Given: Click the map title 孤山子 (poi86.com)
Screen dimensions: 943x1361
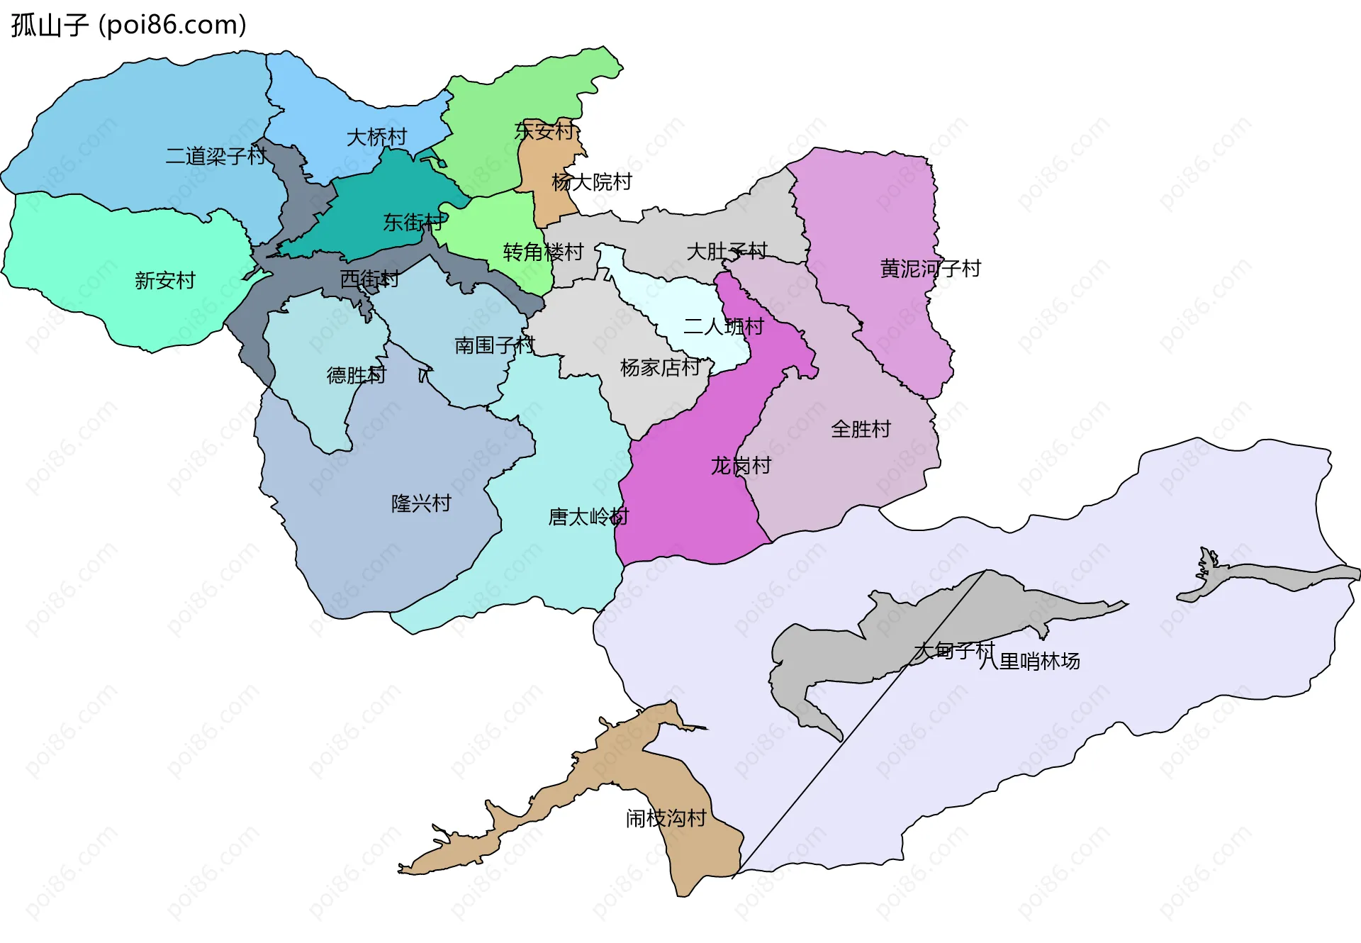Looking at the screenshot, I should pos(128,25).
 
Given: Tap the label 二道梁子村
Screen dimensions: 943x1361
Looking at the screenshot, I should pos(215,156).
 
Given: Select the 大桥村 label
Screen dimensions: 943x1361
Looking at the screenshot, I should pos(376,137).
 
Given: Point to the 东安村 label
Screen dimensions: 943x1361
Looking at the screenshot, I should pos(544,130).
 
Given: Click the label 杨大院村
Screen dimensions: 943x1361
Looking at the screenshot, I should pos(591,182).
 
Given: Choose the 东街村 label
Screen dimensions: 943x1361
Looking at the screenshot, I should pos(413,223).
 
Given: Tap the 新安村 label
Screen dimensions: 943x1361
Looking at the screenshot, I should pos(164,281).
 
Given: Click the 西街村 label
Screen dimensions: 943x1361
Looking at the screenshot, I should pos(369,279).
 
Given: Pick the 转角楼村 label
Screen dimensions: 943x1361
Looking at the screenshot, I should pos(543,252).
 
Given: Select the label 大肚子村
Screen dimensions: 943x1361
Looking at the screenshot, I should pos(727,251).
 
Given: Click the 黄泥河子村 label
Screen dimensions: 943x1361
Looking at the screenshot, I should pos(930,269).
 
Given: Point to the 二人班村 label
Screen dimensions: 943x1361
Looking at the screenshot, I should pos(723,327).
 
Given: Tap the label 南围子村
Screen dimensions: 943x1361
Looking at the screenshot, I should pos(494,345).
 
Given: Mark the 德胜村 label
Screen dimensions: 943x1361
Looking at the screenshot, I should pos(356,375).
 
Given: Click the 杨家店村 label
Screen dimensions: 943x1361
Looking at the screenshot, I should pos(660,367).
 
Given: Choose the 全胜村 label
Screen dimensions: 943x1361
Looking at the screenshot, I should pos(861,429).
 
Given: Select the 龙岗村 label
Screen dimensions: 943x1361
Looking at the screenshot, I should pos(741,466).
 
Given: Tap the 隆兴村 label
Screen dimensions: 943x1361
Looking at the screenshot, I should pos(421,503).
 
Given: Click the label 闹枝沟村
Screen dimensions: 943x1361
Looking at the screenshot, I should pos(666,819).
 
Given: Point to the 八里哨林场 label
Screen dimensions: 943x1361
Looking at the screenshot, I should pos(1029,662).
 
